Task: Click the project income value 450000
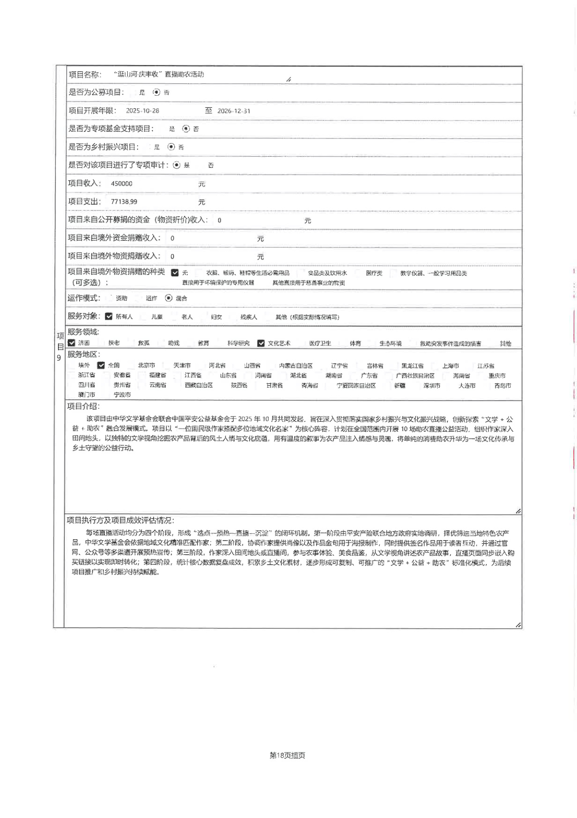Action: (x=121, y=184)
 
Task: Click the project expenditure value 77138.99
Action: (x=124, y=202)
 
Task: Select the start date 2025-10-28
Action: (x=142, y=111)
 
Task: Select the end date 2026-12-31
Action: (x=234, y=111)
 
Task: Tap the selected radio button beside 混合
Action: (x=169, y=298)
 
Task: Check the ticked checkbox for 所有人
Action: (x=109, y=316)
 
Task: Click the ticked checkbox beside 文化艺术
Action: (x=261, y=343)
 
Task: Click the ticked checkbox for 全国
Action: (x=101, y=365)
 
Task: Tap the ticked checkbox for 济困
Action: (x=72, y=343)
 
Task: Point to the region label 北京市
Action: (x=146, y=365)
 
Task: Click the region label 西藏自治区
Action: (x=199, y=385)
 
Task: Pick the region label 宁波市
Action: (x=122, y=395)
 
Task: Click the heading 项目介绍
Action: (x=83, y=406)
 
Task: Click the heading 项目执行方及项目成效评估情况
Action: (x=120, y=521)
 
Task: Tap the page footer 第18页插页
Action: (x=287, y=755)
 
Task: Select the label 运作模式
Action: (x=84, y=298)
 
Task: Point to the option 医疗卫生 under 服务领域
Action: (x=320, y=343)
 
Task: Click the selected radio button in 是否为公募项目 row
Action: (x=156, y=92)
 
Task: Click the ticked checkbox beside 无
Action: (x=175, y=273)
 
